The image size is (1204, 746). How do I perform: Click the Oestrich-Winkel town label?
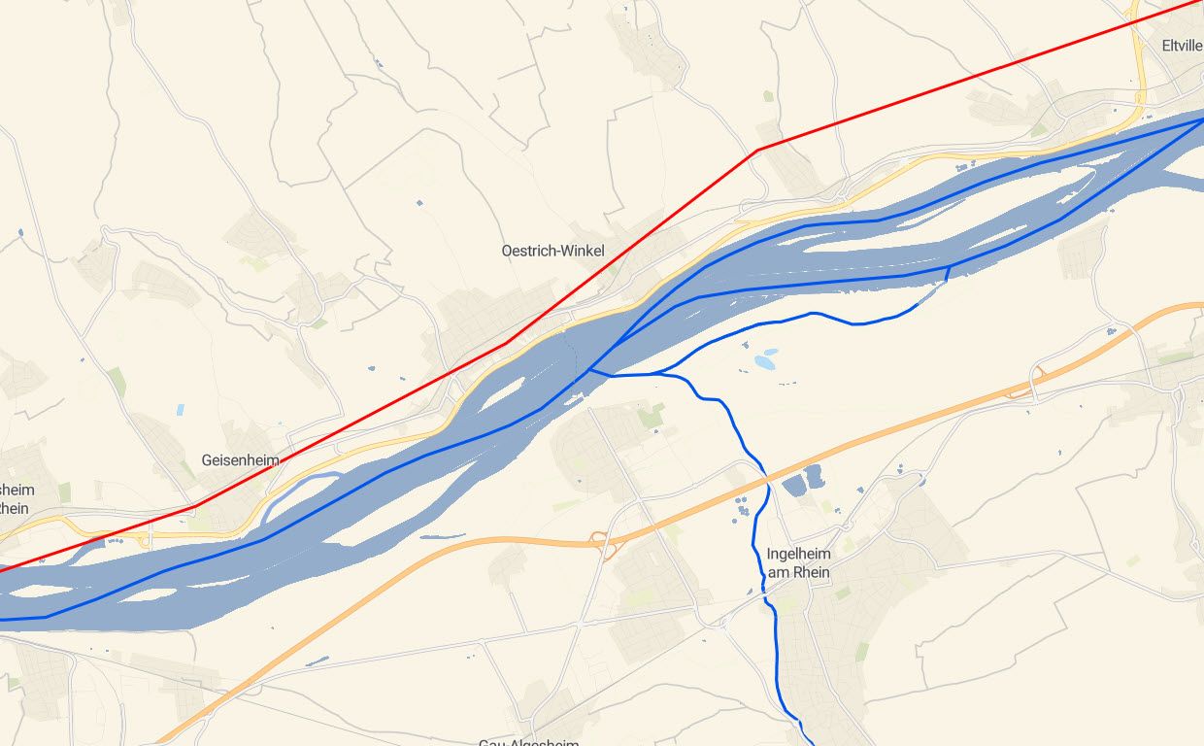point(552,251)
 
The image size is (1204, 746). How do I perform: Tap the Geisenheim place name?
point(240,459)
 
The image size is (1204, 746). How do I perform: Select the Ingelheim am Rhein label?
point(798,562)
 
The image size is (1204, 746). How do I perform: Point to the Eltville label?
point(1182,46)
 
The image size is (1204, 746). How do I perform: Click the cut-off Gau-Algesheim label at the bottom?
point(528,742)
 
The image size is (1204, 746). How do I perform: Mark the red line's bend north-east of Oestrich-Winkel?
point(756,150)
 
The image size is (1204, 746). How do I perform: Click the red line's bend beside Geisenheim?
point(197,503)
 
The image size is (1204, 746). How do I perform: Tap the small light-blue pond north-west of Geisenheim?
point(181,411)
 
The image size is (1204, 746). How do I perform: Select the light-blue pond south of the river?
point(765,360)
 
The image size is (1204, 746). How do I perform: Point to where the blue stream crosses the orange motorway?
point(766,478)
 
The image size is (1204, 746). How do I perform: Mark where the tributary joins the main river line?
point(588,369)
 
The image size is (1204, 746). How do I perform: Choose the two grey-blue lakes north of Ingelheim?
point(804,479)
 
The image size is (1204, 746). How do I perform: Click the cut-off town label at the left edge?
point(16,498)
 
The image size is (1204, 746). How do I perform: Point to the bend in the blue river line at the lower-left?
point(47,617)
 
